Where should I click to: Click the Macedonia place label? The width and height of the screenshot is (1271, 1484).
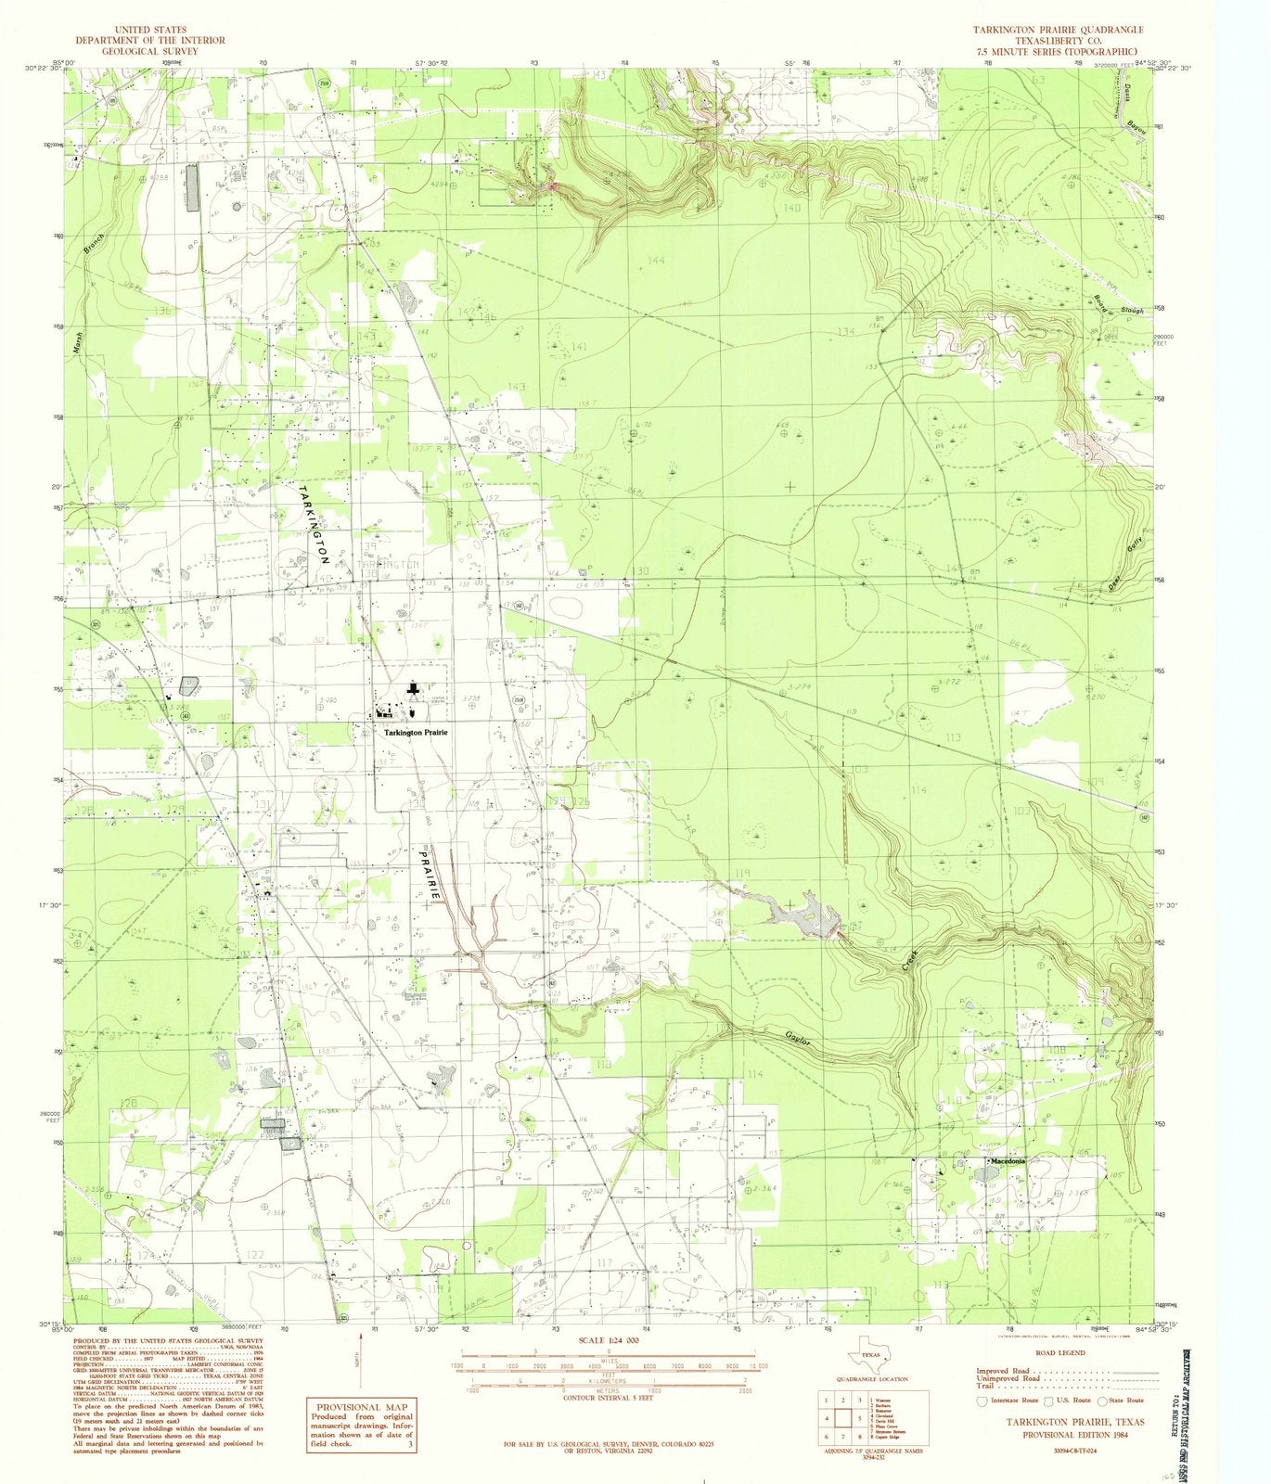click(x=1008, y=1160)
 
